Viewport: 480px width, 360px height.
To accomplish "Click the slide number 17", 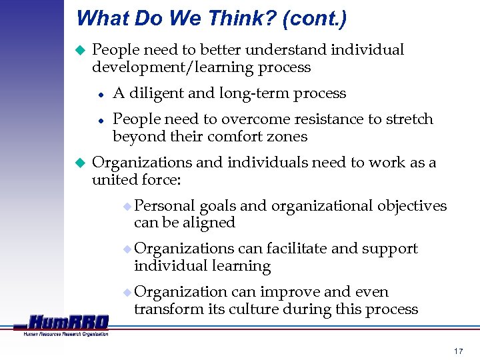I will (x=457, y=351).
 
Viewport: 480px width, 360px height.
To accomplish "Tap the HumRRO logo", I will (x=67, y=324).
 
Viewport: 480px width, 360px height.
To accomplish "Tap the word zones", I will (x=287, y=137).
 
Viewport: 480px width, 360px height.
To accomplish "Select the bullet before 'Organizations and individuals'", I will (x=79, y=163).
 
